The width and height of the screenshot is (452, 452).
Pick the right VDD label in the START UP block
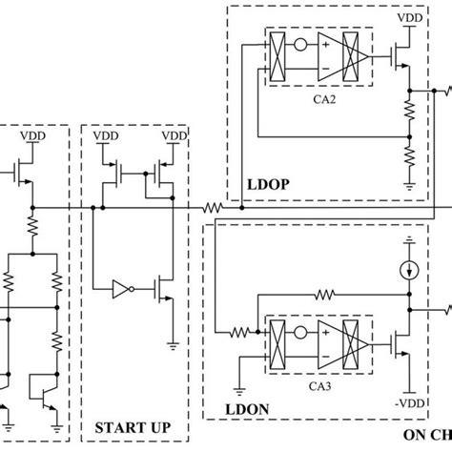coord(174,137)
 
